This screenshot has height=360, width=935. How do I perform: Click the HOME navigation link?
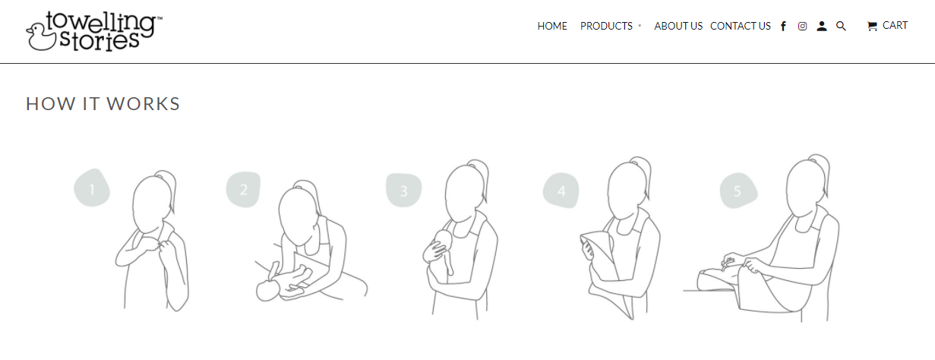pos(552,26)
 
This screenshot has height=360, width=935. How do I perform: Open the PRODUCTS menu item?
pos(606,26)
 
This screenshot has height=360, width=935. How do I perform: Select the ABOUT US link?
pos(678,26)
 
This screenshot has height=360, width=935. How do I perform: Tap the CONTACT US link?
pos(740,26)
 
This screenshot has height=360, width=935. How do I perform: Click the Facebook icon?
pos(784,27)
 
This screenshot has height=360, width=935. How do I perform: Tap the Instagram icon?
pos(802,27)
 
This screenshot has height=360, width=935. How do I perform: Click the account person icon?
pos(822,27)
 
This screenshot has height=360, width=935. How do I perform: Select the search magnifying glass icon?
pos(841,27)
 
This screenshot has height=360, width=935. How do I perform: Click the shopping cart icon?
pos(872,27)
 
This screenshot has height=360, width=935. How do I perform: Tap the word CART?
pos(895,26)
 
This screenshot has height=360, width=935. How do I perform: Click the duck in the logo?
pos(40,36)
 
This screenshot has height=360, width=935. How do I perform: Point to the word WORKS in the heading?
pos(143,104)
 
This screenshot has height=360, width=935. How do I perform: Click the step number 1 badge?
pos(92,188)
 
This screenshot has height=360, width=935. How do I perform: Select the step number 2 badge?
pos(243,189)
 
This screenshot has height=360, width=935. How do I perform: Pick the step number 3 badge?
pos(403,190)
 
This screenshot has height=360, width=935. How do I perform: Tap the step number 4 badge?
pos(561,191)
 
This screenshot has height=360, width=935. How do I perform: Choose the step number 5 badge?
pos(738,191)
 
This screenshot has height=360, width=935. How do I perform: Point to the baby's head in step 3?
pos(442,241)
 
